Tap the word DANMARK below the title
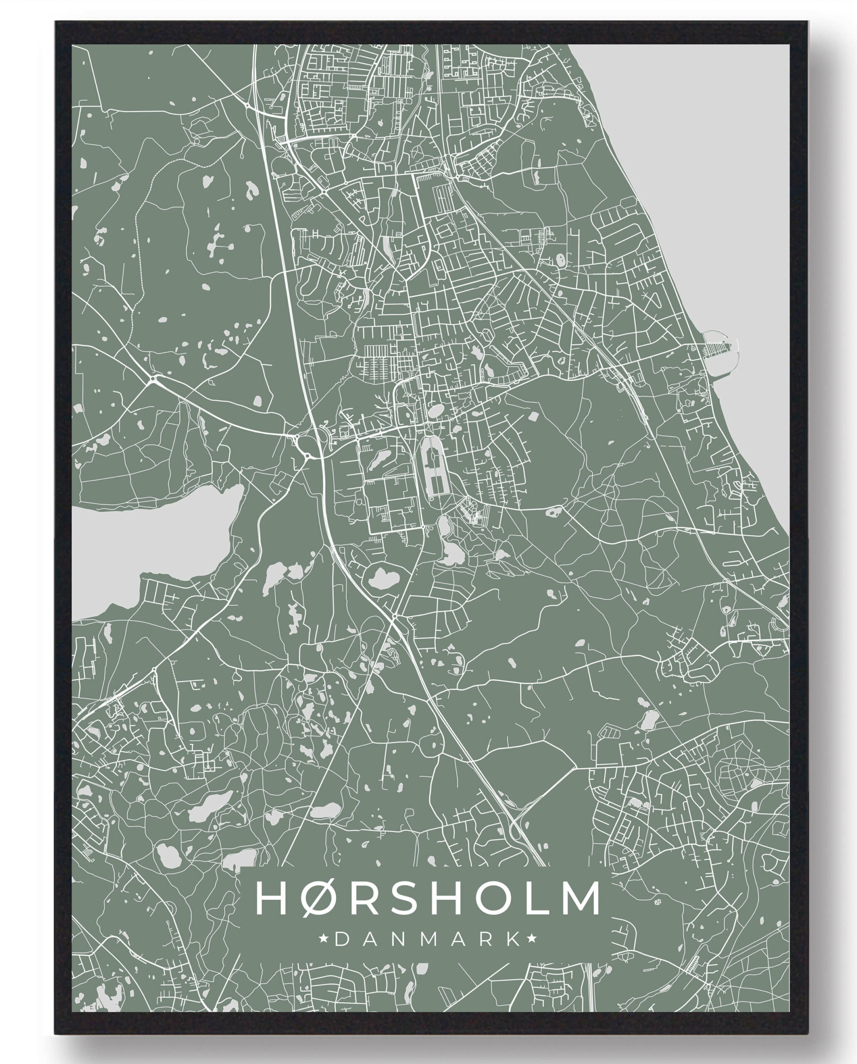click(427, 939)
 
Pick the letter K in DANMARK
click(515, 939)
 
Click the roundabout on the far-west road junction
click(153, 379)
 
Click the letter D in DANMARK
click(340, 939)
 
